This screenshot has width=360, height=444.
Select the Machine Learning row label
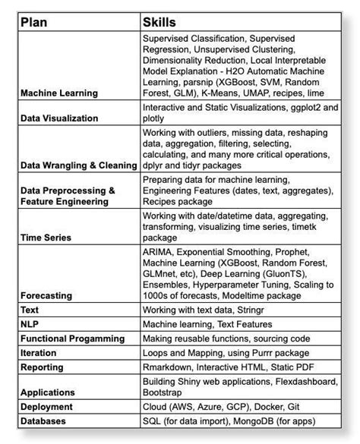tap(59, 93)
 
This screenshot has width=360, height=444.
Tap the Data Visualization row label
tap(59, 118)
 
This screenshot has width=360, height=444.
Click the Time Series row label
tap(46, 238)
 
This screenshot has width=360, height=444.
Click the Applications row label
tap(48, 393)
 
